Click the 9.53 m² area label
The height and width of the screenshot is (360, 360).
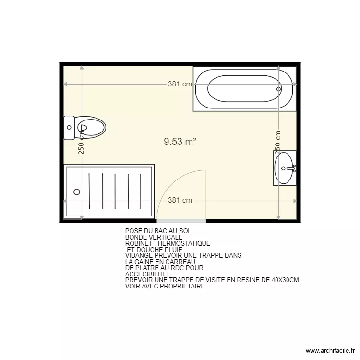tap(180, 141)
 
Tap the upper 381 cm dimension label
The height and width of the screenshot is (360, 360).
tap(180, 84)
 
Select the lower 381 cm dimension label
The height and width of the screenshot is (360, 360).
tap(180, 201)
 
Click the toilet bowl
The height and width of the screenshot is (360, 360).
tap(92, 128)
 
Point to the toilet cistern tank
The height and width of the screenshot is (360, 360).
tap(69, 128)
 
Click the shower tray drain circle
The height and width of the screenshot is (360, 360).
tap(77, 192)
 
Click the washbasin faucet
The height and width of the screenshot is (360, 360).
tap(294, 168)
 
